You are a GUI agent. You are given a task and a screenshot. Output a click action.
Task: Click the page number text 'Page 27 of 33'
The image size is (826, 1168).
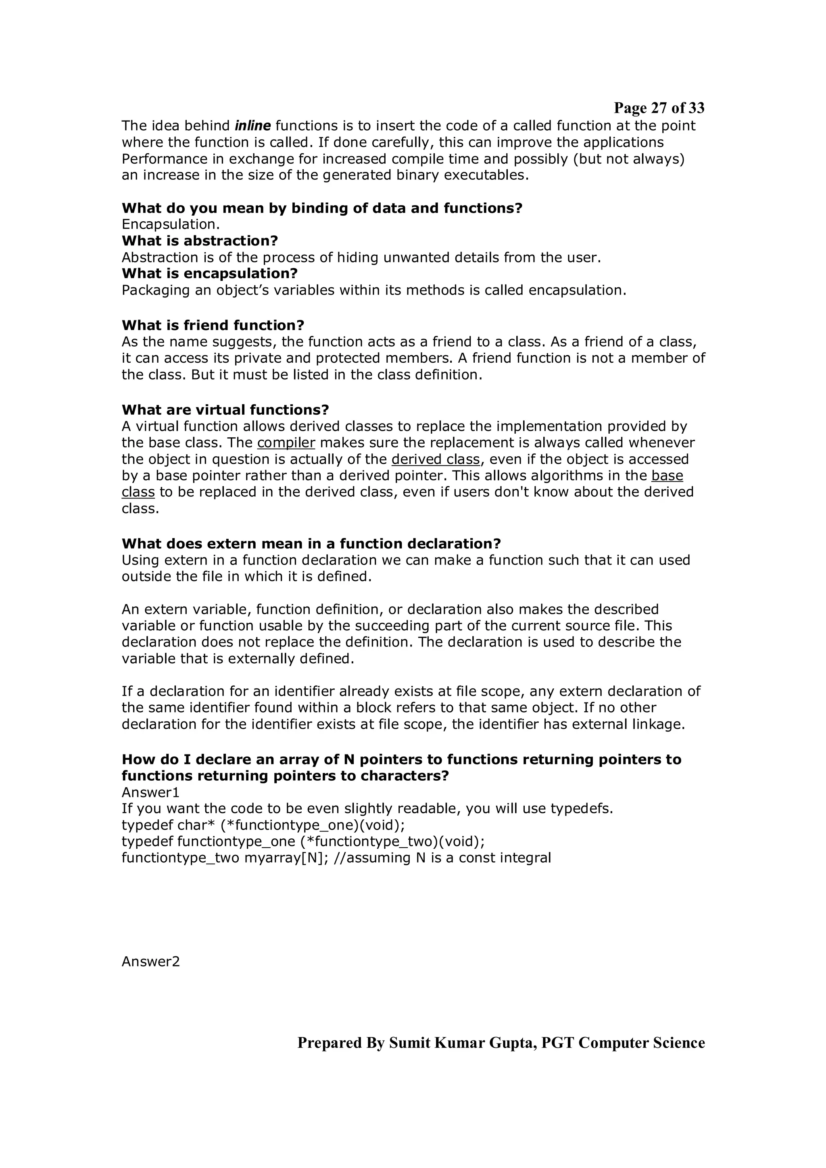659,108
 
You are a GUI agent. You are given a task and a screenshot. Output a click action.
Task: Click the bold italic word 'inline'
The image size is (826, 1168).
252,126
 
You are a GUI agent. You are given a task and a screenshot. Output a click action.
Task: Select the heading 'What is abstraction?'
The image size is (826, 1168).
200,241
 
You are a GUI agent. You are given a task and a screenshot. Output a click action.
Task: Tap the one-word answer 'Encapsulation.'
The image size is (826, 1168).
171,224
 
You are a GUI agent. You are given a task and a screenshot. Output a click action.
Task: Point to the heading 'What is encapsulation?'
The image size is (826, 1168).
209,274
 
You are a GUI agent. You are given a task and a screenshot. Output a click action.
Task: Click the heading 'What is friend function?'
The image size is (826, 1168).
213,325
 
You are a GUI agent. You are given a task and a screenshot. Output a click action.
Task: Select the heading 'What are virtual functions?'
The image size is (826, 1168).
225,409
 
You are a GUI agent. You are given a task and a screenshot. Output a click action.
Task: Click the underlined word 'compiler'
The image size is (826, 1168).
286,443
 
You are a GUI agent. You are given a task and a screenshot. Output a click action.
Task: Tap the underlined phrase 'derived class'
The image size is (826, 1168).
435,459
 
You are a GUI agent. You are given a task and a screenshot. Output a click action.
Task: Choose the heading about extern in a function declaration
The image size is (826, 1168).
311,543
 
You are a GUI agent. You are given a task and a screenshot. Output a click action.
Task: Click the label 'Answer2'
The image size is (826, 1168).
151,962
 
